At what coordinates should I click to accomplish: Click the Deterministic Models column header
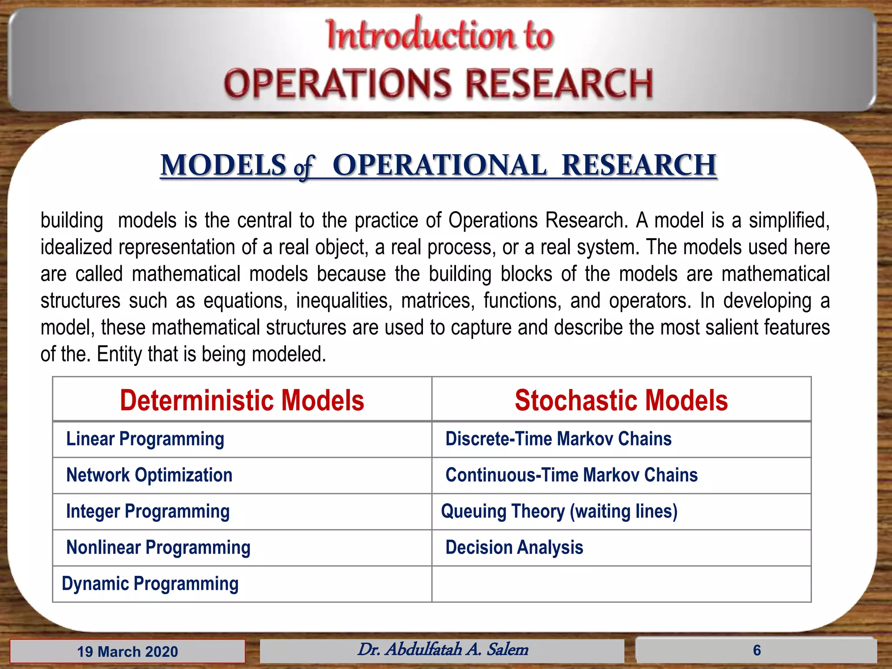tap(242, 400)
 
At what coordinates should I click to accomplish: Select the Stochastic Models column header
tap(621, 400)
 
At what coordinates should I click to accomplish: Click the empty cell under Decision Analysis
tap(621, 584)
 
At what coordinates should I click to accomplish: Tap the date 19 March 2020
tap(127, 652)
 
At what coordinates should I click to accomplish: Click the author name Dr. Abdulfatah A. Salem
tap(443, 649)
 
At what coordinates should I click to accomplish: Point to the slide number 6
tap(757, 650)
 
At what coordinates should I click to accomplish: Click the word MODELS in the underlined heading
tap(223, 165)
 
